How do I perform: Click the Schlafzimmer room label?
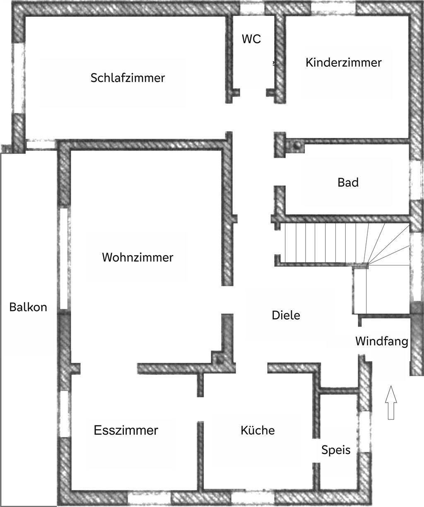click(128, 78)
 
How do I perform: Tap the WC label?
click(251, 39)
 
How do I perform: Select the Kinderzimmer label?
click(343, 63)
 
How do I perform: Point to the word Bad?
click(348, 182)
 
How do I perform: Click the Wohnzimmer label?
click(137, 257)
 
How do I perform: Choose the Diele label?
click(286, 315)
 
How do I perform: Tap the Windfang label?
click(382, 342)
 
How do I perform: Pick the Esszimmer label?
click(126, 430)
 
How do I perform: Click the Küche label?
click(258, 430)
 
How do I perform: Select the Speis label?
click(336, 450)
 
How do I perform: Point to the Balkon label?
click(28, 307)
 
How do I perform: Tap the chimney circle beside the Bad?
click(296, 146)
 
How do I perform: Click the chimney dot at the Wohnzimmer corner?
click(220, 360)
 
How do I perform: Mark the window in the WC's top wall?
click(252, 9)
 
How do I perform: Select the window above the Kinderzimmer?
click(333, 9)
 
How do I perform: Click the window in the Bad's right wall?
click(416, 180)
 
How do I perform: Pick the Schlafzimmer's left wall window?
click(19, 78)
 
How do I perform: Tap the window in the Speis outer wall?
click(365, 432)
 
